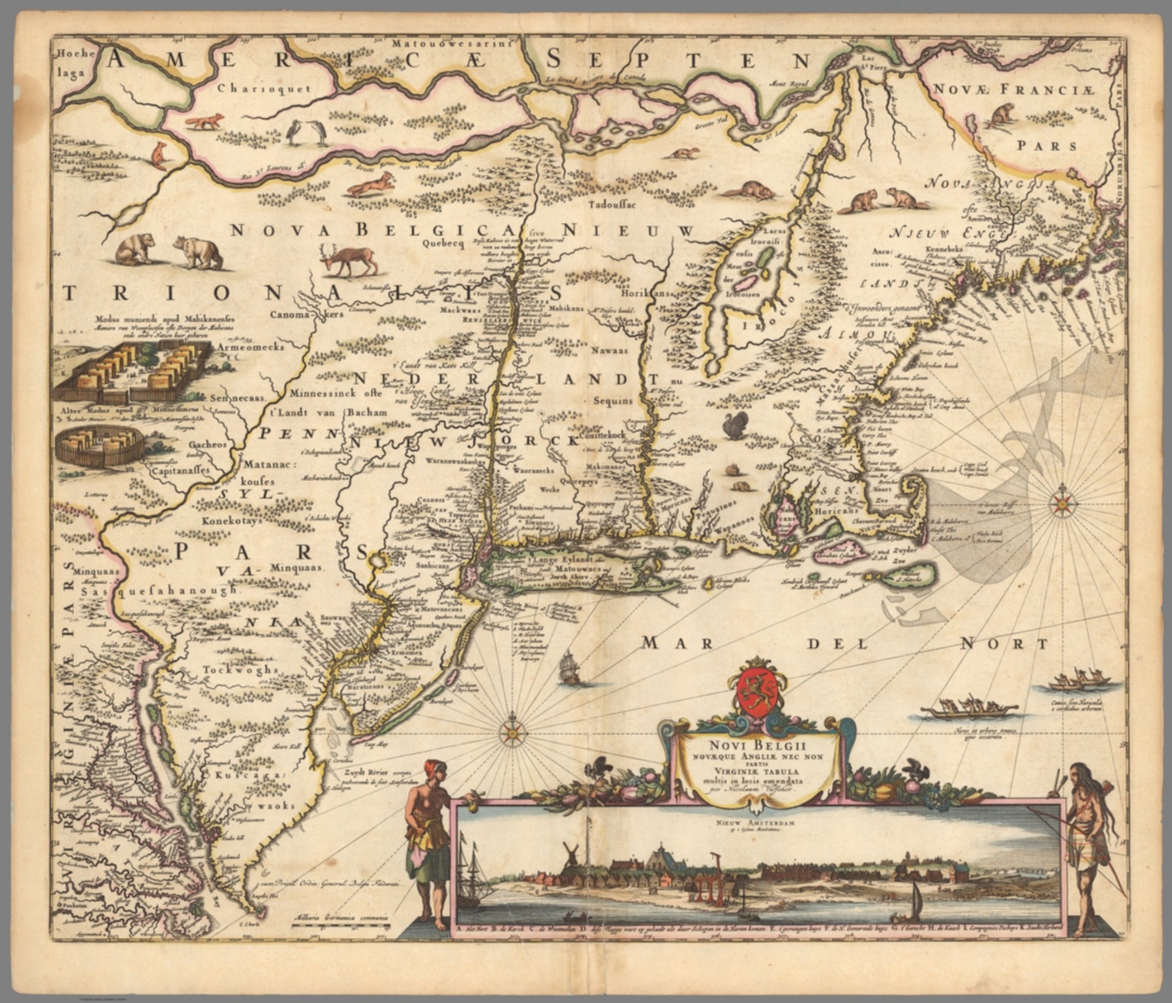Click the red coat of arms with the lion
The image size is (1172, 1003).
pyautogui.click(x=755, y=689)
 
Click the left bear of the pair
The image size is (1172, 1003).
pyautogui.click(x=135, y=248)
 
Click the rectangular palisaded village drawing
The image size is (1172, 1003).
pyautogui.click(x=130, y=369)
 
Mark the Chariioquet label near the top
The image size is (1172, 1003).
pyautogui.click(x=263, y=88)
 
